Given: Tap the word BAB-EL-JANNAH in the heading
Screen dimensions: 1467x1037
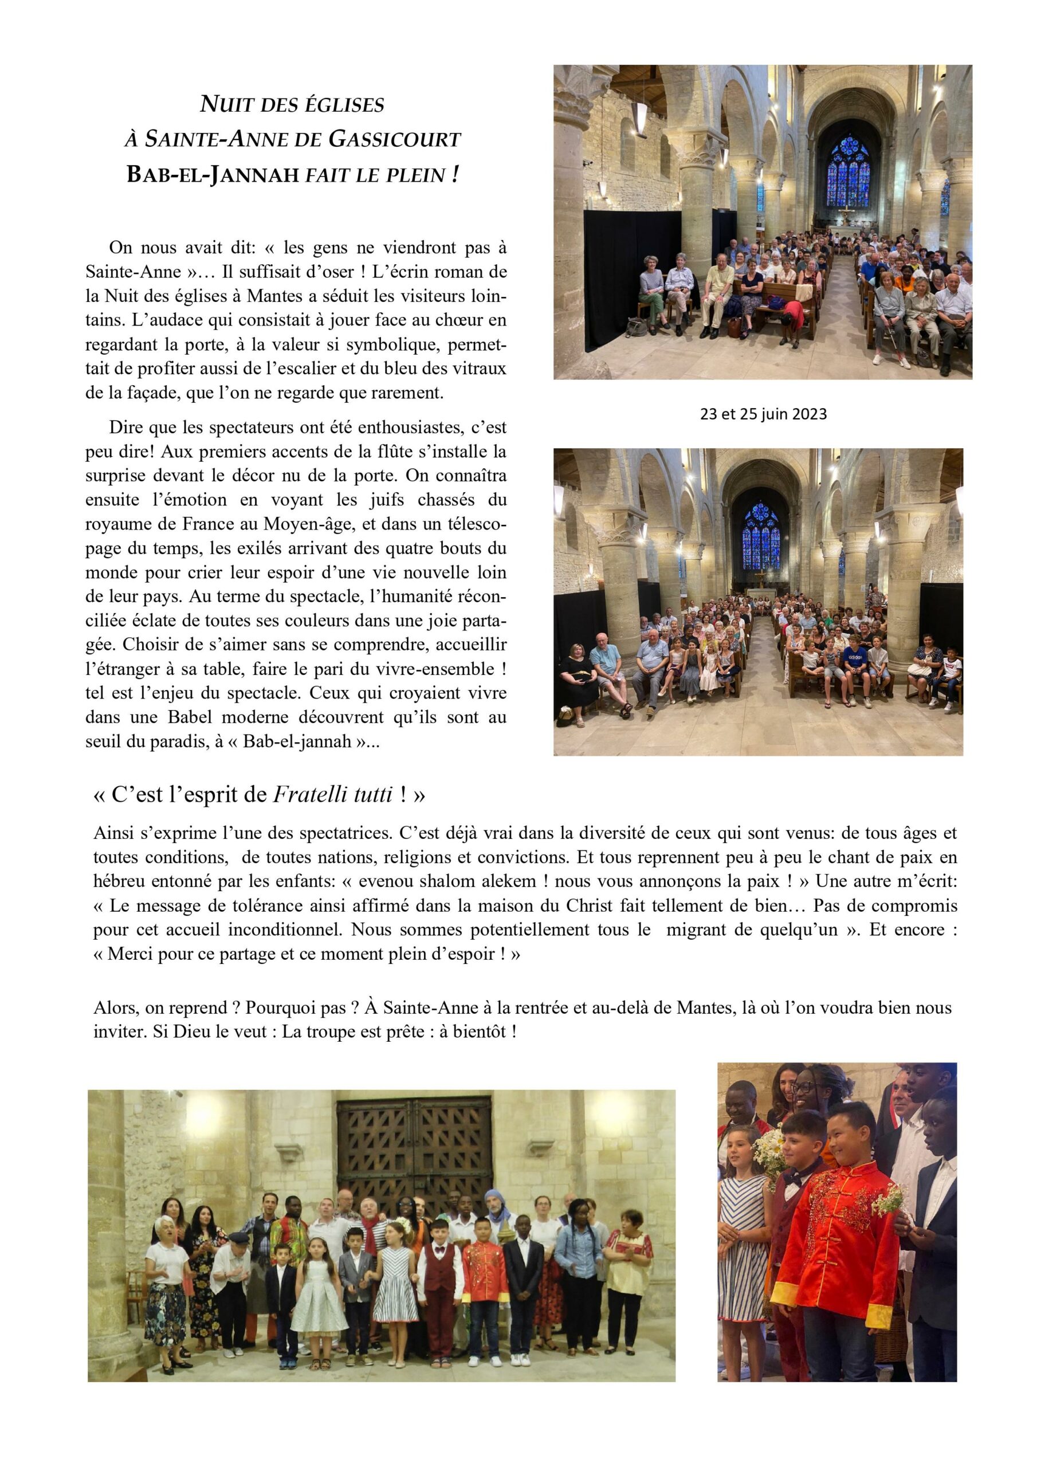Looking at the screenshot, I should tap(213, 174).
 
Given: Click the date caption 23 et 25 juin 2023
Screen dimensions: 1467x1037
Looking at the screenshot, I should tap(763, 414).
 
